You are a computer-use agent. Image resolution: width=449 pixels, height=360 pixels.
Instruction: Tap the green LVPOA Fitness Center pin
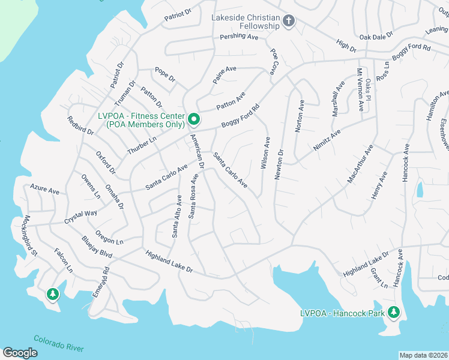tap(194, 119)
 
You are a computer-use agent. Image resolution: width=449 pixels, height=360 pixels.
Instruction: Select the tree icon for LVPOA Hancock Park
tap(394, 312)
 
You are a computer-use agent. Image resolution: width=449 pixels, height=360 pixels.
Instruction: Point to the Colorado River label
tap(58, 343)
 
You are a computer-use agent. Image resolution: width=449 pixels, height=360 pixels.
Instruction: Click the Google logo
tap(20, 353)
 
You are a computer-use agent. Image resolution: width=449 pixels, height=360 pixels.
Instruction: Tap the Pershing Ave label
tap(238, 37)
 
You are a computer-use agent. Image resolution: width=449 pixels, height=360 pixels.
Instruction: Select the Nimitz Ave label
tap(327, 140)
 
